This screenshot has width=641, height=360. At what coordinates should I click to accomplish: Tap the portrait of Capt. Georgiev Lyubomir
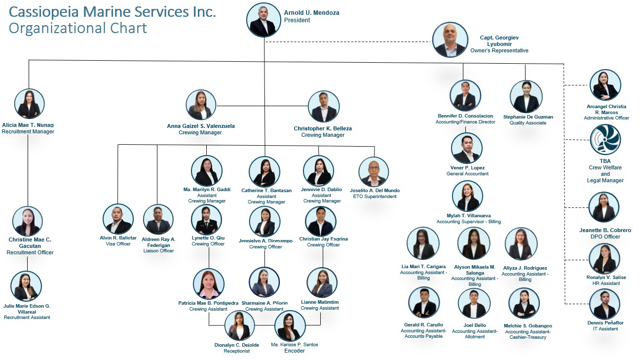pos(450,40)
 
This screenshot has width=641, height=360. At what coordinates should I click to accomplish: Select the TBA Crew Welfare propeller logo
pos(605,140)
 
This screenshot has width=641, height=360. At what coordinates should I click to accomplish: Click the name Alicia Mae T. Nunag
pos(28,125)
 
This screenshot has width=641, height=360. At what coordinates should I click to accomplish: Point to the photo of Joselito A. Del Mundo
pos(374,172)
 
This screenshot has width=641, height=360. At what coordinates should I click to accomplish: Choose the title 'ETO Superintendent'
pos(375,197)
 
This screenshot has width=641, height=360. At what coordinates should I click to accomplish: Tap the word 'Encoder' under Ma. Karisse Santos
pos(295,351)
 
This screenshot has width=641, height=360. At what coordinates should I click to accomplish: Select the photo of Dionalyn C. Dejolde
pos(240,325)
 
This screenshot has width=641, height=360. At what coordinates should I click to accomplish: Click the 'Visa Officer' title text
pos(118,244)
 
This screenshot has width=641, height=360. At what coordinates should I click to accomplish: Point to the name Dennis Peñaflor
pos(605,323)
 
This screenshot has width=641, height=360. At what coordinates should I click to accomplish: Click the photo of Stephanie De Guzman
pos(526,97)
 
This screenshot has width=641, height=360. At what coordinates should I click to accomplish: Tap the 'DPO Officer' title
pos(605,237)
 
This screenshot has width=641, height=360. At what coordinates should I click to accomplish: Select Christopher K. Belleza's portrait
pos(324,107)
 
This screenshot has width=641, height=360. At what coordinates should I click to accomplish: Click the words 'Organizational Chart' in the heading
pos(78,28)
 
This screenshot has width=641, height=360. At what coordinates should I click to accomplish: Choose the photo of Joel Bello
pos(474,304)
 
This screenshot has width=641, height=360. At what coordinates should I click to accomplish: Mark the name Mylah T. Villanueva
pos(468,216)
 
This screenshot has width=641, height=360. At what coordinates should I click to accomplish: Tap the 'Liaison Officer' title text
pos(158,251)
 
